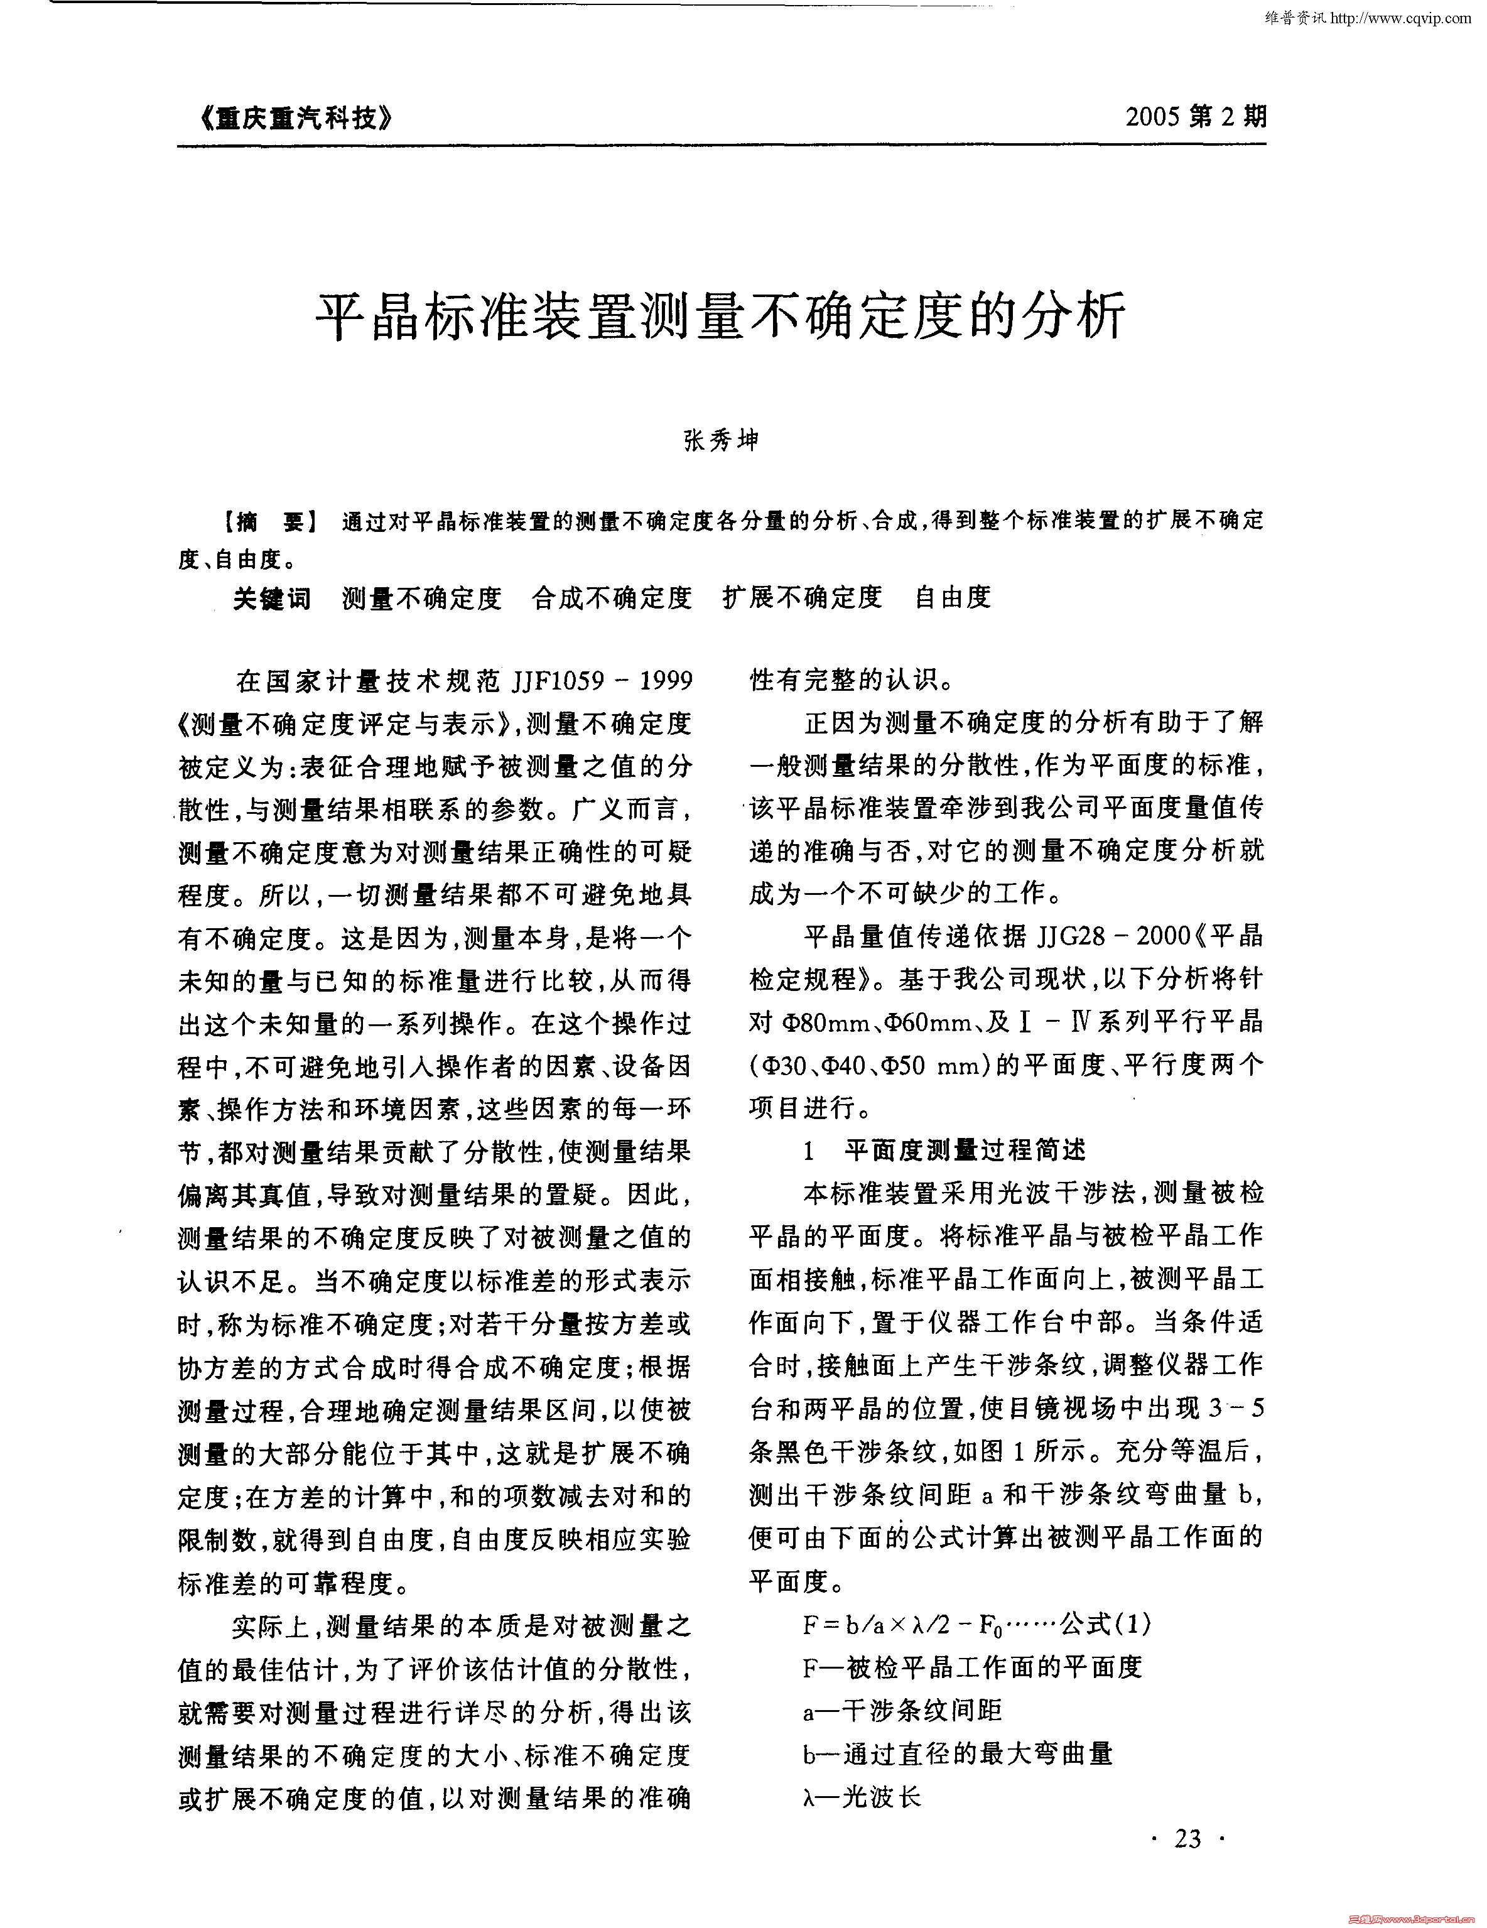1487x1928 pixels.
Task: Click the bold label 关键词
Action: [x=272, y=598]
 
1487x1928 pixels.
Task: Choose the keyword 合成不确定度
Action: [x=612, y=598]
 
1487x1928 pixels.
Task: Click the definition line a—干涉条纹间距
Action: [x=902, y=1711]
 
